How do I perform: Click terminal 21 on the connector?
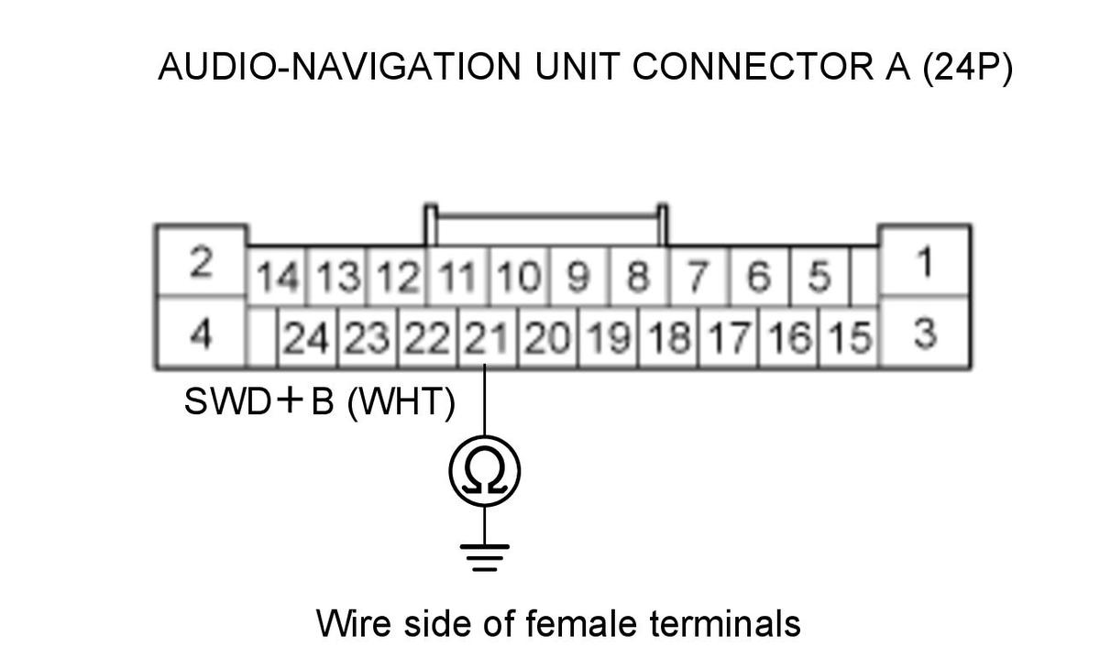tap(487, 337)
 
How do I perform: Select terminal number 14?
tap(277, 276)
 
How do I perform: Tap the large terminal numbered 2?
tap(202, 261)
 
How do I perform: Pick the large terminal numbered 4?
tap(202, 333)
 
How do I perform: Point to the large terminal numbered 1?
tap(925, 261)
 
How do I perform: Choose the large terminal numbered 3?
tap(925, 333)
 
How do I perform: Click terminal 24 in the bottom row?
tap(307, 337)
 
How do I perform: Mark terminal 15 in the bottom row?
tap(849, 337)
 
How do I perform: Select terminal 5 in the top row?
tap(819, 276)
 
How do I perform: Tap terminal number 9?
tap(579, 276)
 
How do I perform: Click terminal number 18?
tap(668, 337)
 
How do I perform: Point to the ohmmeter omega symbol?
tap(485, 471)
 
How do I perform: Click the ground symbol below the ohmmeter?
tap(485, 557)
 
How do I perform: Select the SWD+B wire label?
tap(259, 401)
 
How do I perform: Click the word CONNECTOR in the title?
tap(753, 67)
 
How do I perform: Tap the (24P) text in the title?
tap(967, 68)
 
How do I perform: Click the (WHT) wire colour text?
tap(401, 402)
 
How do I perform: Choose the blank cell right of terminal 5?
tap(864, 276)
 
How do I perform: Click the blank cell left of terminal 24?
tap(262, 337)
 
